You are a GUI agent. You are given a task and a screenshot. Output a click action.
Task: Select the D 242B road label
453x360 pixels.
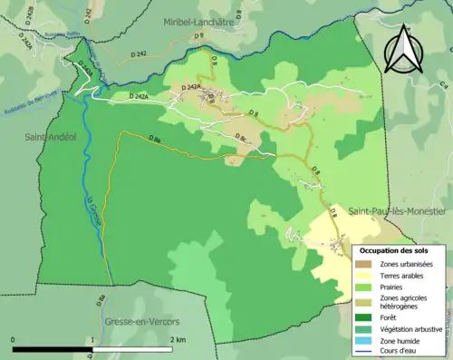click(x=30, y=14)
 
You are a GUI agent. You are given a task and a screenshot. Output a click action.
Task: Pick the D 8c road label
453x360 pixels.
click(x=244, y=137)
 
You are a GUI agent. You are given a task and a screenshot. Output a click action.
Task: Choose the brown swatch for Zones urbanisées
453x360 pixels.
click(x=363, y=263)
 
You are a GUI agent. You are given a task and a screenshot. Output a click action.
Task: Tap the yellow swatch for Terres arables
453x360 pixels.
click(x=363, y=276)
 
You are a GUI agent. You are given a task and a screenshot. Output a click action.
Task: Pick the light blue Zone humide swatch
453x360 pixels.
click(x=363, y=341)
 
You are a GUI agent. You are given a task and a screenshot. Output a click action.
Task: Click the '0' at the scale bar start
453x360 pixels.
click(x=14, y=339)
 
